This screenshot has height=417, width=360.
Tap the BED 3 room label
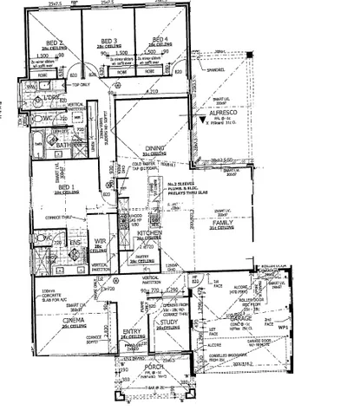(x=108, y=41)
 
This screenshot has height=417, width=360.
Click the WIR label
(x=101, y=244)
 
